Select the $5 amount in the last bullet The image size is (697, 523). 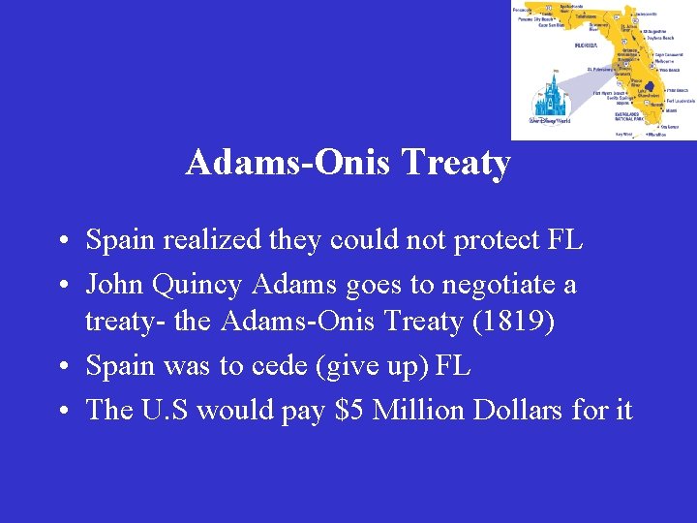pos(348,410)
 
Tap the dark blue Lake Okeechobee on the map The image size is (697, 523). pos(648,88)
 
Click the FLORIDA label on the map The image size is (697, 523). pos(586,45)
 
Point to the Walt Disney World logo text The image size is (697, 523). pos(549,121)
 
